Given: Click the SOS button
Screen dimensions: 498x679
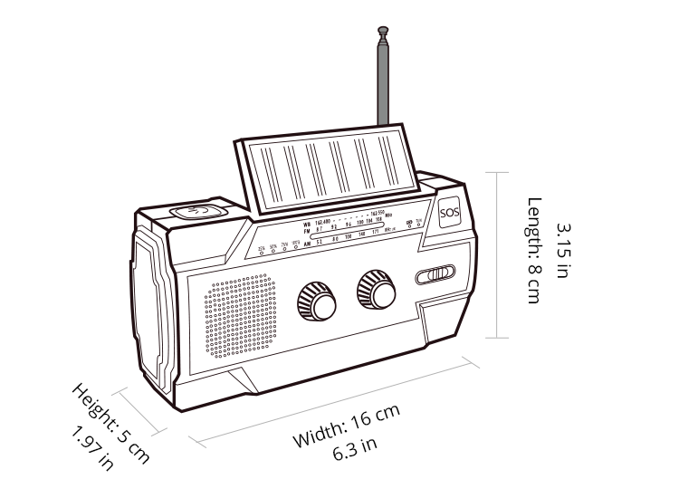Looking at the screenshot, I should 449,214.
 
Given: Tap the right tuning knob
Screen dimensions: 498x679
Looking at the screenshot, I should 376,289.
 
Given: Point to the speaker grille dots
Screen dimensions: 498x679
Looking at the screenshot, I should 240,316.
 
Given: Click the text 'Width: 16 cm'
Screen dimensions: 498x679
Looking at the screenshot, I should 347,426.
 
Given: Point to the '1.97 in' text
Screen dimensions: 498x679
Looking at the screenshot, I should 92,448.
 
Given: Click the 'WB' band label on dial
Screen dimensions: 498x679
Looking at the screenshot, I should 307,223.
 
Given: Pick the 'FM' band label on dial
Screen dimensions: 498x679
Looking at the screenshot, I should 307,232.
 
